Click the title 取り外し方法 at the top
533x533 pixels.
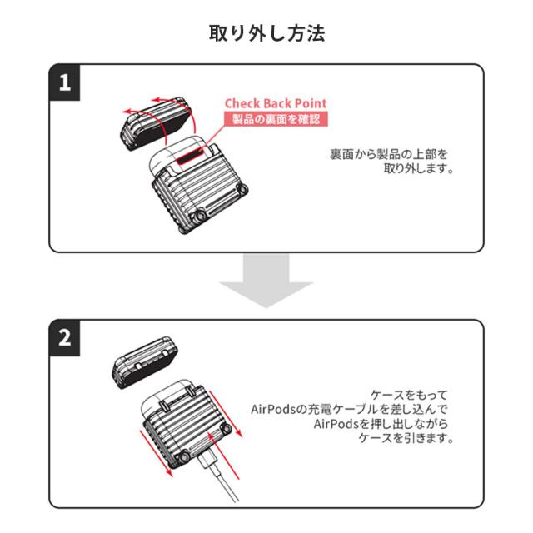[x=266, y=34]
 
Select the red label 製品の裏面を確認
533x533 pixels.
[x=274, y=119]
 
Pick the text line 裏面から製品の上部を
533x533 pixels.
[x=388, y=155]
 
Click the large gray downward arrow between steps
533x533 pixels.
[x=266, y=281]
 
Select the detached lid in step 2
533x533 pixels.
[x=147, y=363]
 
